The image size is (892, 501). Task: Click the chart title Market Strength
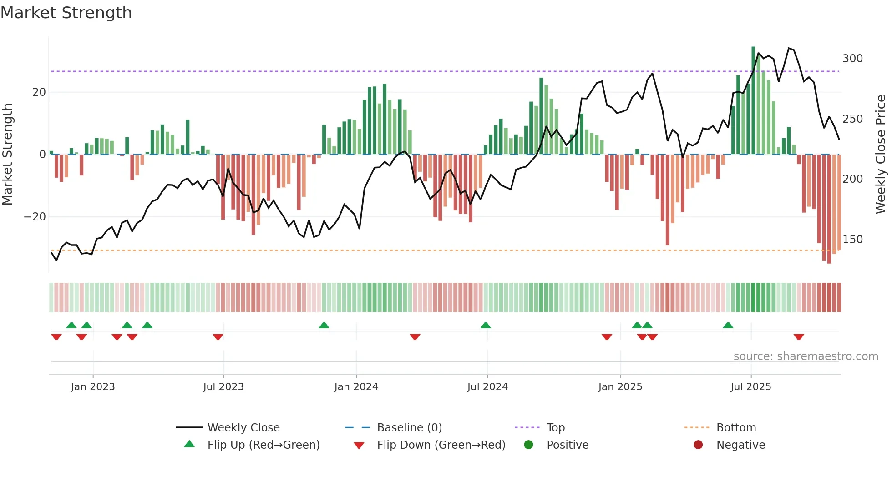[66, 13]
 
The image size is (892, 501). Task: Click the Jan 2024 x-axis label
[356, 387]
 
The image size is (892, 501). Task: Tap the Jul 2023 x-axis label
[223, 387]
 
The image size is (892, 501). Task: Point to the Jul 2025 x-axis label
[751, 387]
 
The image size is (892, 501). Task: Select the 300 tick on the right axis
[852, 59]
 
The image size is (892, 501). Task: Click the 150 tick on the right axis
[852, 240]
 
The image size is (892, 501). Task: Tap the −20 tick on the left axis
[35, 217]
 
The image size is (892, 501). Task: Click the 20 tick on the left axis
[39, 92]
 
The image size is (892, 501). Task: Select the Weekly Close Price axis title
[881, 155]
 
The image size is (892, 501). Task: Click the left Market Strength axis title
[8, 155]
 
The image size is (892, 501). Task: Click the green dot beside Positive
[528, 445]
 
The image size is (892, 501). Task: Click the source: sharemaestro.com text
[806, 356]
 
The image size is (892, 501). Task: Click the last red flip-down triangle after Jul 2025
[799, 337]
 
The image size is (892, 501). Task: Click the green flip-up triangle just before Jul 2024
[486, 325]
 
